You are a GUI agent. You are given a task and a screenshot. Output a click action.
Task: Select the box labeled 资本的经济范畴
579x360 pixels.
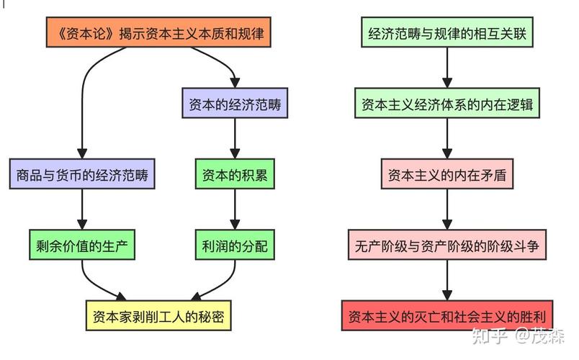[235, 104]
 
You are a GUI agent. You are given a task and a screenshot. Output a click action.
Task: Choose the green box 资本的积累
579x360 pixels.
[235, 175]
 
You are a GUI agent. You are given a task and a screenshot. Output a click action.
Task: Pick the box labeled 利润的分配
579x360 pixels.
[235, 246]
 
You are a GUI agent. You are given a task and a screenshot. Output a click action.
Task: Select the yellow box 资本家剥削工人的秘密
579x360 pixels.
[159, 316]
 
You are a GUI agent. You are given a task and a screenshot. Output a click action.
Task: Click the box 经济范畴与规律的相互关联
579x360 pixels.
[447, 33]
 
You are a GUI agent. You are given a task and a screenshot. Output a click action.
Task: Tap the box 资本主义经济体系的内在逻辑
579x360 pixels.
[447, 104]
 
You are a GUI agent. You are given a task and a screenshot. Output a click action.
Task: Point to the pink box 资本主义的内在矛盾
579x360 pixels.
[447, 175]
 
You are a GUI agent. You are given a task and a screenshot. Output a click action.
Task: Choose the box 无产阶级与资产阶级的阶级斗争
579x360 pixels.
[447, 246]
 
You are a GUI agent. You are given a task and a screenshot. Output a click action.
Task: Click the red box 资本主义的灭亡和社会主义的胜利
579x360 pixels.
[447, 316]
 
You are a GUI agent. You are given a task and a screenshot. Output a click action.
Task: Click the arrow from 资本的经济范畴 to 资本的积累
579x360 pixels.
[235, 140]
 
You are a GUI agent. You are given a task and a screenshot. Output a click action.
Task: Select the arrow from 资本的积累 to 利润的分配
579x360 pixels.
[235, 210]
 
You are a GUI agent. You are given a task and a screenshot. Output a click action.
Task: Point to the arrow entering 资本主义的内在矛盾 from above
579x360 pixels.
[447, 140]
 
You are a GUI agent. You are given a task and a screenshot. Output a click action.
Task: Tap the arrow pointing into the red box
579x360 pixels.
[447, 281]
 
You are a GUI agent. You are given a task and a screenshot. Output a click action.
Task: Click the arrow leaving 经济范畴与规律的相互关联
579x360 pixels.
[447, 68]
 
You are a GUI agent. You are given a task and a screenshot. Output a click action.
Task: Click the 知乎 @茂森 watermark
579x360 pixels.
[517, 336]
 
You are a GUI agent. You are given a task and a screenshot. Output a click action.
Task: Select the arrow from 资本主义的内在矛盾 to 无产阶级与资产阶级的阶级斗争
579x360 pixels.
[447, 210]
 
